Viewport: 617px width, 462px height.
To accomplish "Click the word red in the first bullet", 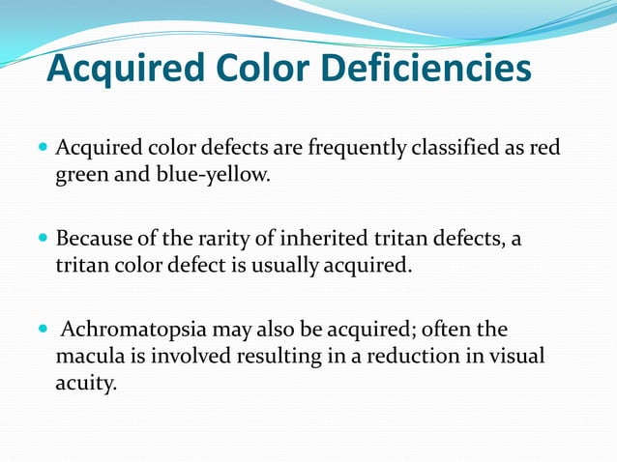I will click(x=544, y=150).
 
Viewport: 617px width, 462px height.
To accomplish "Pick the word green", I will click(x=82, y=176).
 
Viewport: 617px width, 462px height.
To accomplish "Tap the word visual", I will click(x=514, y=356).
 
